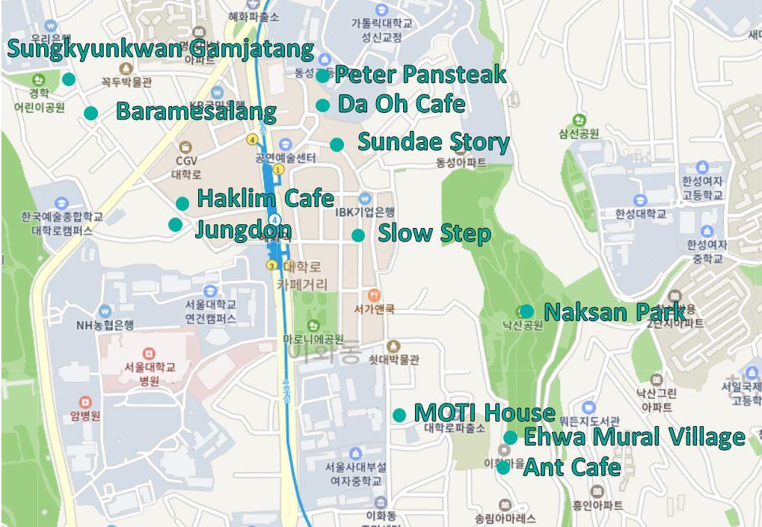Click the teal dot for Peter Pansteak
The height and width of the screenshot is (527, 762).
pyautogui.click(x=322, y=75)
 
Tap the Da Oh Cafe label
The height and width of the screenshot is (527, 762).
pyautogui.click(x=402, y=104)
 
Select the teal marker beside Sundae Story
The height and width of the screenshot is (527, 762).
pyautogui.click(x=337, y=144)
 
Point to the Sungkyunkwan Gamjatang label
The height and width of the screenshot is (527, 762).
pyautogui.click(x=161, y=49)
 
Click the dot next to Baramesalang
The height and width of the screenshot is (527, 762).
pyautogui.click(x=90, y=113)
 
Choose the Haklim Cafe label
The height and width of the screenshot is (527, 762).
pyautogui.click(x=265, y=198)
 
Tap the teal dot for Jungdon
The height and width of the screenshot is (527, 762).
pyautogui.click(x=175, y=224)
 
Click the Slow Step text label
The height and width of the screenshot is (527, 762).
pyautogui.click(x=434, y=232)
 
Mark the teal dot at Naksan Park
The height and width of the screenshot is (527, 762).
pyautogui.click(x=526, y=311)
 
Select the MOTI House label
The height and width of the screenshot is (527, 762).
pyautogui.click(x=485, y=412)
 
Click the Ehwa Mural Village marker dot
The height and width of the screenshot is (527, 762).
pyautogui.click(x=510, y=437)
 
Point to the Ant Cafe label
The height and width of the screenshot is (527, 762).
pyautogui.click(x=571, y=467)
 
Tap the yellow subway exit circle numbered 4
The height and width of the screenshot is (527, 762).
pyautogui.click(x=253, y=139)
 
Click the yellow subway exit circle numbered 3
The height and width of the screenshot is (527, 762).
pyautogui.click(x=271, y=265)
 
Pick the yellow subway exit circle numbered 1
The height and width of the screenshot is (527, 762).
pyautogui.click(x=278, y=170)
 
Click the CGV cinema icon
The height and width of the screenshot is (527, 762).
pyautogui.click(x=185, y=147)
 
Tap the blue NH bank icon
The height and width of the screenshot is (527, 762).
pyautogui.click(x=105, y=310)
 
